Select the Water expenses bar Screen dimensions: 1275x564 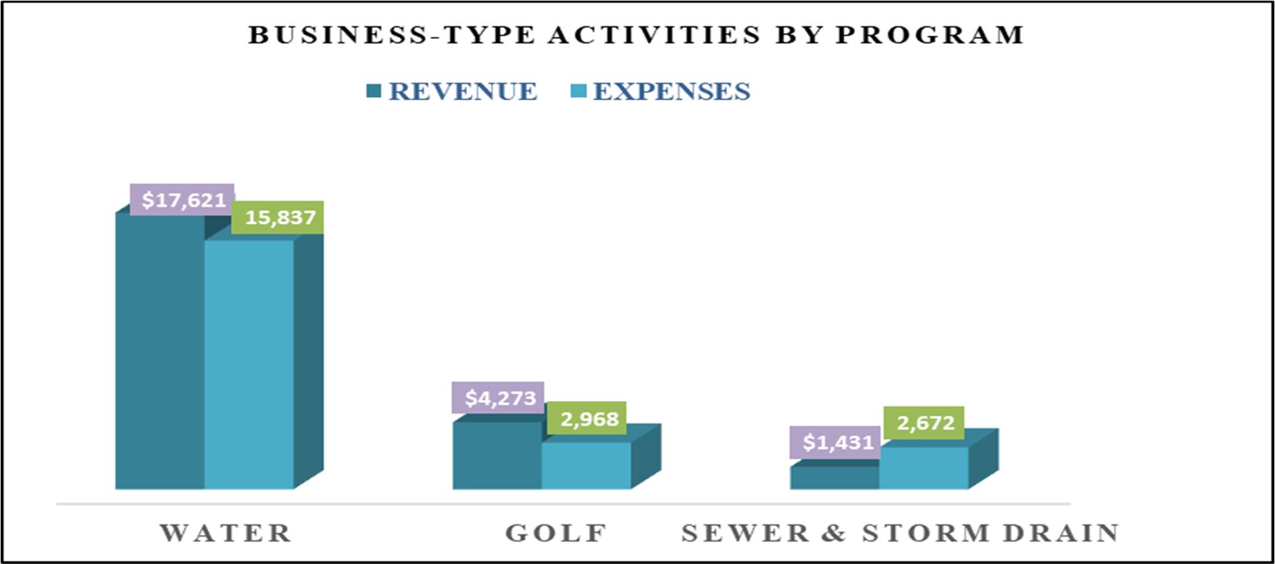pos(249,365)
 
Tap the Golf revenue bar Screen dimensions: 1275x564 pos(497,456)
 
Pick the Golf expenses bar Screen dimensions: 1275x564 pos(586,466)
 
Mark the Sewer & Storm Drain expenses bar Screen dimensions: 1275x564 pos(924,468)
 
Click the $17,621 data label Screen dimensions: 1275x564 pos(182,199)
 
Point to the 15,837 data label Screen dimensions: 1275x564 pos(278,217)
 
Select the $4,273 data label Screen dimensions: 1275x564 pos(498,398)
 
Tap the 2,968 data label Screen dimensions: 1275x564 pos(587,419)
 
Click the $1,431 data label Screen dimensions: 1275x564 pos(835,442)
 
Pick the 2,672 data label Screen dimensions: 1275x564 pos(924,423)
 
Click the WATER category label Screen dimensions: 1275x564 pos(226,533)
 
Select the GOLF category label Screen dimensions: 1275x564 pos(556,533)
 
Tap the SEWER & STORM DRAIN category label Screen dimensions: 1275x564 pos(900,533)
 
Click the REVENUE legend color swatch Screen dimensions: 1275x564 pos(374,91)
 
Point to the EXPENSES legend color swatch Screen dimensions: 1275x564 pos(578,91)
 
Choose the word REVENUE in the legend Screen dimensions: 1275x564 pos(463,91)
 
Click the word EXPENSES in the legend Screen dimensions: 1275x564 pos(672,91)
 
